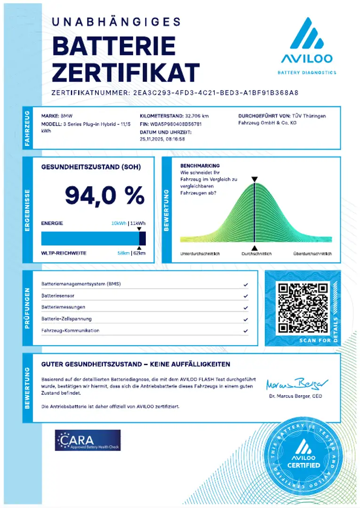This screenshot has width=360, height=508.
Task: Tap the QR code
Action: (302, 308)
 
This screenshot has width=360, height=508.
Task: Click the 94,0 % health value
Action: (104, 195)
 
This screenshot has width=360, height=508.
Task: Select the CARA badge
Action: (88, 440)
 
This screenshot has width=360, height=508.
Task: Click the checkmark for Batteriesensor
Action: (246, 296)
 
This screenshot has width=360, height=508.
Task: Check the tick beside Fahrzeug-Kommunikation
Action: (246, 331)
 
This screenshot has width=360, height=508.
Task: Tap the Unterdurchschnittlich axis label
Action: (200, 254)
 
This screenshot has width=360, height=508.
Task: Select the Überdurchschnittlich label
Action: (312, 254)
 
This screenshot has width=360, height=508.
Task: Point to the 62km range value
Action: (139, 253)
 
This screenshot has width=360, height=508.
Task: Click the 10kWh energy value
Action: (119, 223)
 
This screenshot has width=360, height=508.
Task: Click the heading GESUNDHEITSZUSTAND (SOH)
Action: (91, 167)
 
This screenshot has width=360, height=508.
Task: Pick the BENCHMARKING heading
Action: (200, 166)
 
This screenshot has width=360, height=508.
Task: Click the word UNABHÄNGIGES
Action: (116, 22)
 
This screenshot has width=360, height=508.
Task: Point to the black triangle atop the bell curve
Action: (254, 179)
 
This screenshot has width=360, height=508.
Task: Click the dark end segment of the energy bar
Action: (142, 238)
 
